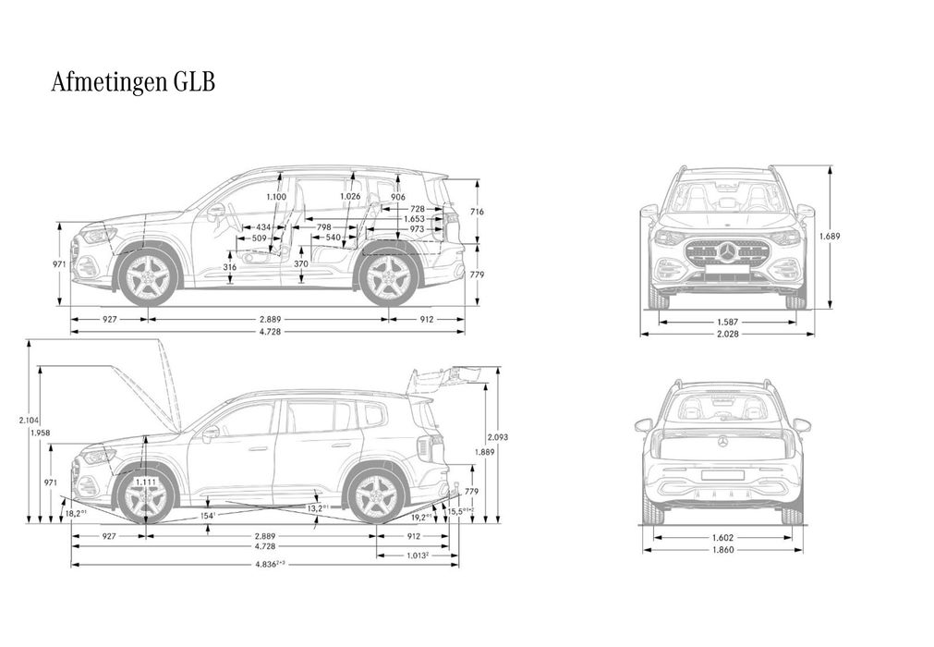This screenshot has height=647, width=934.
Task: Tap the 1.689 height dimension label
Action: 830,236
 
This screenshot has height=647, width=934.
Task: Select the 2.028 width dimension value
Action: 726,334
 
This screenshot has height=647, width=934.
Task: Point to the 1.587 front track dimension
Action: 726,323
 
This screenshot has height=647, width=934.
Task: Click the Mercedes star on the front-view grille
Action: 726,251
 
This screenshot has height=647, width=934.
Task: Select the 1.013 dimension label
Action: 417,555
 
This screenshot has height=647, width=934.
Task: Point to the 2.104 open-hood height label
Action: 29,420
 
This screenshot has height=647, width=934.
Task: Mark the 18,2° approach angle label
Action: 76,513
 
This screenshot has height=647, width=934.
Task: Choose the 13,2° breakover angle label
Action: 318,508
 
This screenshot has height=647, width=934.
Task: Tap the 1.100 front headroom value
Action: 275,197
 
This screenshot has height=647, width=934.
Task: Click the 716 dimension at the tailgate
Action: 477,213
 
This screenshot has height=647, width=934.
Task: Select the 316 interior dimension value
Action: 230,267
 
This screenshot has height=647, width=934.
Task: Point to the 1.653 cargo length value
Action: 414,219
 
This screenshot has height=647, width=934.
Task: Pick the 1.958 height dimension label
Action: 40,433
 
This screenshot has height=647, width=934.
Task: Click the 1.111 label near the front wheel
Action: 145,482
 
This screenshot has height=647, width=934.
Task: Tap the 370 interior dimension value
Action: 300,264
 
